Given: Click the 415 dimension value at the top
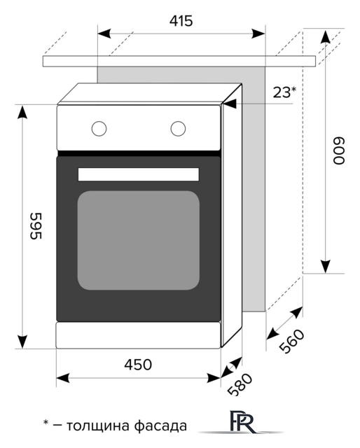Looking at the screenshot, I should [181, 21].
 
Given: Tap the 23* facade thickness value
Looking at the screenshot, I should [284, 91].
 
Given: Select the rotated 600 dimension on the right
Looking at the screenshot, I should [339, 150].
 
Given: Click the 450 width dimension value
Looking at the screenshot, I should [138, 364].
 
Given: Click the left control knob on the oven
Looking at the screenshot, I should [99, 128].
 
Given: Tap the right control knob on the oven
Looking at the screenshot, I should [178, 128].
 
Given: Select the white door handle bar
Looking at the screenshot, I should [138, 174].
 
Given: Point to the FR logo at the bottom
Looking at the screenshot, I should [240, 424].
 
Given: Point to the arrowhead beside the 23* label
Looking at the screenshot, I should [229, 104].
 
